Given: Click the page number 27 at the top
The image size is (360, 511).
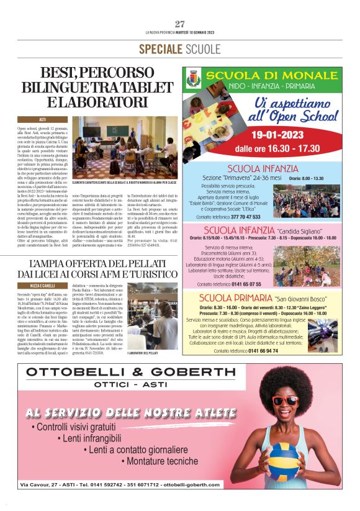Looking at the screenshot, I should [180, 24].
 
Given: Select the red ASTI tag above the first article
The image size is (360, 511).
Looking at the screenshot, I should [43, 119].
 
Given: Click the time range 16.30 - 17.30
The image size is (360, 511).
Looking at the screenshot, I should [286, 148].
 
